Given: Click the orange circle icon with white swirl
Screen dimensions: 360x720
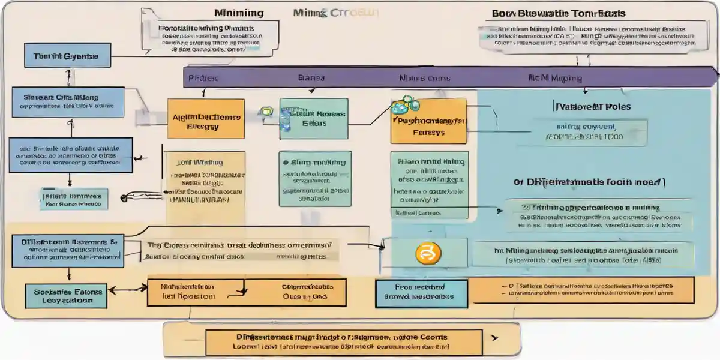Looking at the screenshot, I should pyautogui.click(x=424, y=253).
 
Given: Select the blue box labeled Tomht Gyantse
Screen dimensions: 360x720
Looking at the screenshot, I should pyautogui.click(x=61, y=56).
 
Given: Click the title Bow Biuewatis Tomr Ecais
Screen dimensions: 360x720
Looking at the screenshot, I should pyautogui.click(x=559, y=13).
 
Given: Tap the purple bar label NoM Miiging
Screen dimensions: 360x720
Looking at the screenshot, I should pyautogui.click(x=554, y=78).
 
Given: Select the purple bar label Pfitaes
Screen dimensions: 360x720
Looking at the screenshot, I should pyautogui.click(x=203, y=78).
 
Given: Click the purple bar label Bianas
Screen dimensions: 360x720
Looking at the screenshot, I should pyautogui.click(x=311, y=78).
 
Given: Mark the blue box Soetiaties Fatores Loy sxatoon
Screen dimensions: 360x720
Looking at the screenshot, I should pyautogui.click(x=64, y=296).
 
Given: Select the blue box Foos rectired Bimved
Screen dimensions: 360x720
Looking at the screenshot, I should pyautogui.click(x=413, y=292).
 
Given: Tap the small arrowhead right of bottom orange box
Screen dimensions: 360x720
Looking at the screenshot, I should pyautogui.click(x=494, y=338).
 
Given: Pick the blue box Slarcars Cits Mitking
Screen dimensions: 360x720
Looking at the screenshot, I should pyautogui.click(x=68, y=101).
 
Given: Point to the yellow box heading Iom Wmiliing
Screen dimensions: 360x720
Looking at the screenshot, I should pyautogui.click(x=200, y=162).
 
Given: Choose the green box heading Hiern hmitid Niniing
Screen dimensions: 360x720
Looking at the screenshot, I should pyautogui.click(x=429, y=162).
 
